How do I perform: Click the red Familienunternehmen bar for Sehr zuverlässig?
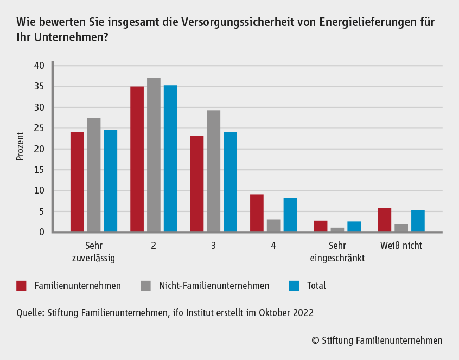[x=77, y=182]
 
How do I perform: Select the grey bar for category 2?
[x=154, y=155]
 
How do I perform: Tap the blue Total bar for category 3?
[x=230, y=182]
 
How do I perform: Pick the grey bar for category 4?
[x=273, y=226]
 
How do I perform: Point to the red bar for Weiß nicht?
[x=384, y=220]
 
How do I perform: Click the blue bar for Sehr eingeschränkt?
[x=354, y=227]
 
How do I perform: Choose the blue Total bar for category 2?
[x=170, y=159]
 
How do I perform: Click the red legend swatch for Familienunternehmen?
[x=22, y=286]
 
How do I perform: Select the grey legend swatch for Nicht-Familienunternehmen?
[x=146, y=286]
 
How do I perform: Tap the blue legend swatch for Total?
[x=294, y=286]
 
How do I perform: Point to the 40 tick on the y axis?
[x=39, y=66]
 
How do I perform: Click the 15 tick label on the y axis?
[x=39, y=170]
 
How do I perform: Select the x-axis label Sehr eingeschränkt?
[x=337, y=252]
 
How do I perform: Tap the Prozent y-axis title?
[x=21, y=146]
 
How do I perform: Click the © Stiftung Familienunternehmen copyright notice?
[x=377, y=340]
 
